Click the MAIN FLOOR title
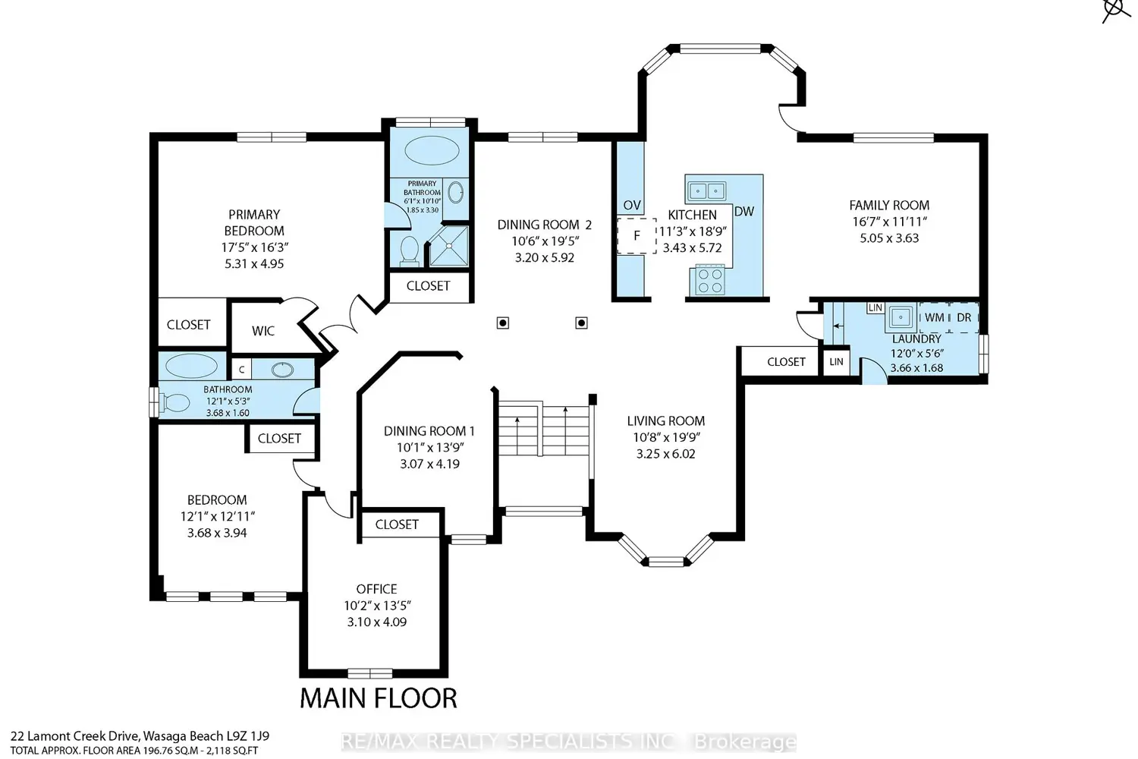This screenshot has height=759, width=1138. pos(379,698)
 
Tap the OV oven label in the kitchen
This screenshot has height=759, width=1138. pos(631,205)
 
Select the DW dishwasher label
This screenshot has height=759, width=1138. pos(744,212)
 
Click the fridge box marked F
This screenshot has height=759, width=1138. pos(637,236)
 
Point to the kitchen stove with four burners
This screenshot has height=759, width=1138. pos(710,280)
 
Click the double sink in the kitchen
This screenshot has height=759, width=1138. pos(706,191)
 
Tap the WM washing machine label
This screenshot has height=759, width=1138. pos(934,318)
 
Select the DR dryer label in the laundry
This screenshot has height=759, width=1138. pos(964,318)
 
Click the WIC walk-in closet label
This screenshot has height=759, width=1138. pos(263,331)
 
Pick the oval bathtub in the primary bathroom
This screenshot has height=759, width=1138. pos(432,150)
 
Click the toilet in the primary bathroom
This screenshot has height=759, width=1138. pos(410,250)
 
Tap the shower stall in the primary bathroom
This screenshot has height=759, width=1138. pos(449,246)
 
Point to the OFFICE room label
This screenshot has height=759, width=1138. pos(376,589)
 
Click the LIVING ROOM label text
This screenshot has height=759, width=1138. pos(665,421)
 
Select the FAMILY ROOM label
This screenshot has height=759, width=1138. pos(889,206)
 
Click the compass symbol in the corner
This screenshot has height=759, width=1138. pos(1115,10)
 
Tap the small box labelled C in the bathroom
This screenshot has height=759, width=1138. pos(242,370)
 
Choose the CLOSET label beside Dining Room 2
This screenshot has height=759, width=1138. pos(429,285)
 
